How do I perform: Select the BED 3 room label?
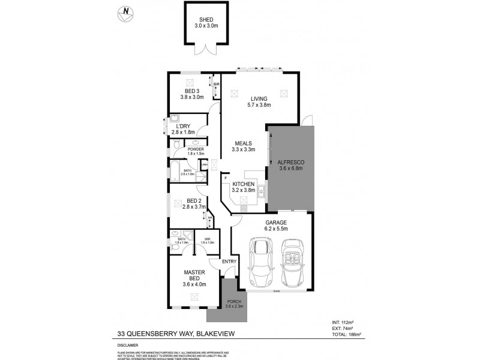click(192, 91)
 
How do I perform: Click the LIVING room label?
click(259, 98)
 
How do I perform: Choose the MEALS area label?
click(244, 143)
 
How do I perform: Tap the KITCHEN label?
click(244, 184)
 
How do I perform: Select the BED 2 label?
click(193, 200)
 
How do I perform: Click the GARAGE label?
click(277, 223)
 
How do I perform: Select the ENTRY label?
click(229, 262)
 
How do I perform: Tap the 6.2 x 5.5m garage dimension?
click(277, 229)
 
